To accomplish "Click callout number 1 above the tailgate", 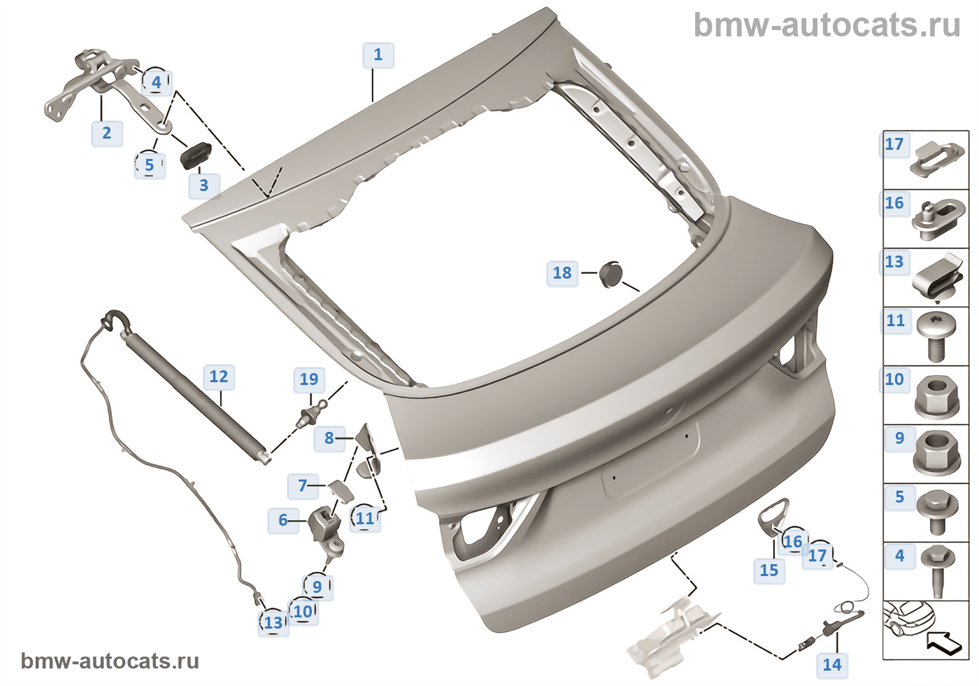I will (378, 55).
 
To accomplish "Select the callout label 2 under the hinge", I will (107, 133).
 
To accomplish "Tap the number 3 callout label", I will (203, 185).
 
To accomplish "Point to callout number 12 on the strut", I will (219, 377).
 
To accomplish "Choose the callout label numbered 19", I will (308, 379).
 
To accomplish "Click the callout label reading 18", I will (562, 273).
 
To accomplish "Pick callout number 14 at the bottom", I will (831, 664).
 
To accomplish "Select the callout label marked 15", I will (769, 570).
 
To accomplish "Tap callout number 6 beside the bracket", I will (283, 520).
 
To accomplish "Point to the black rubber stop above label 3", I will (196, 154).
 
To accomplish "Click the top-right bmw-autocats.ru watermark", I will (827, 26).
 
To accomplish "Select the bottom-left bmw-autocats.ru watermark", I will (110, 661).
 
